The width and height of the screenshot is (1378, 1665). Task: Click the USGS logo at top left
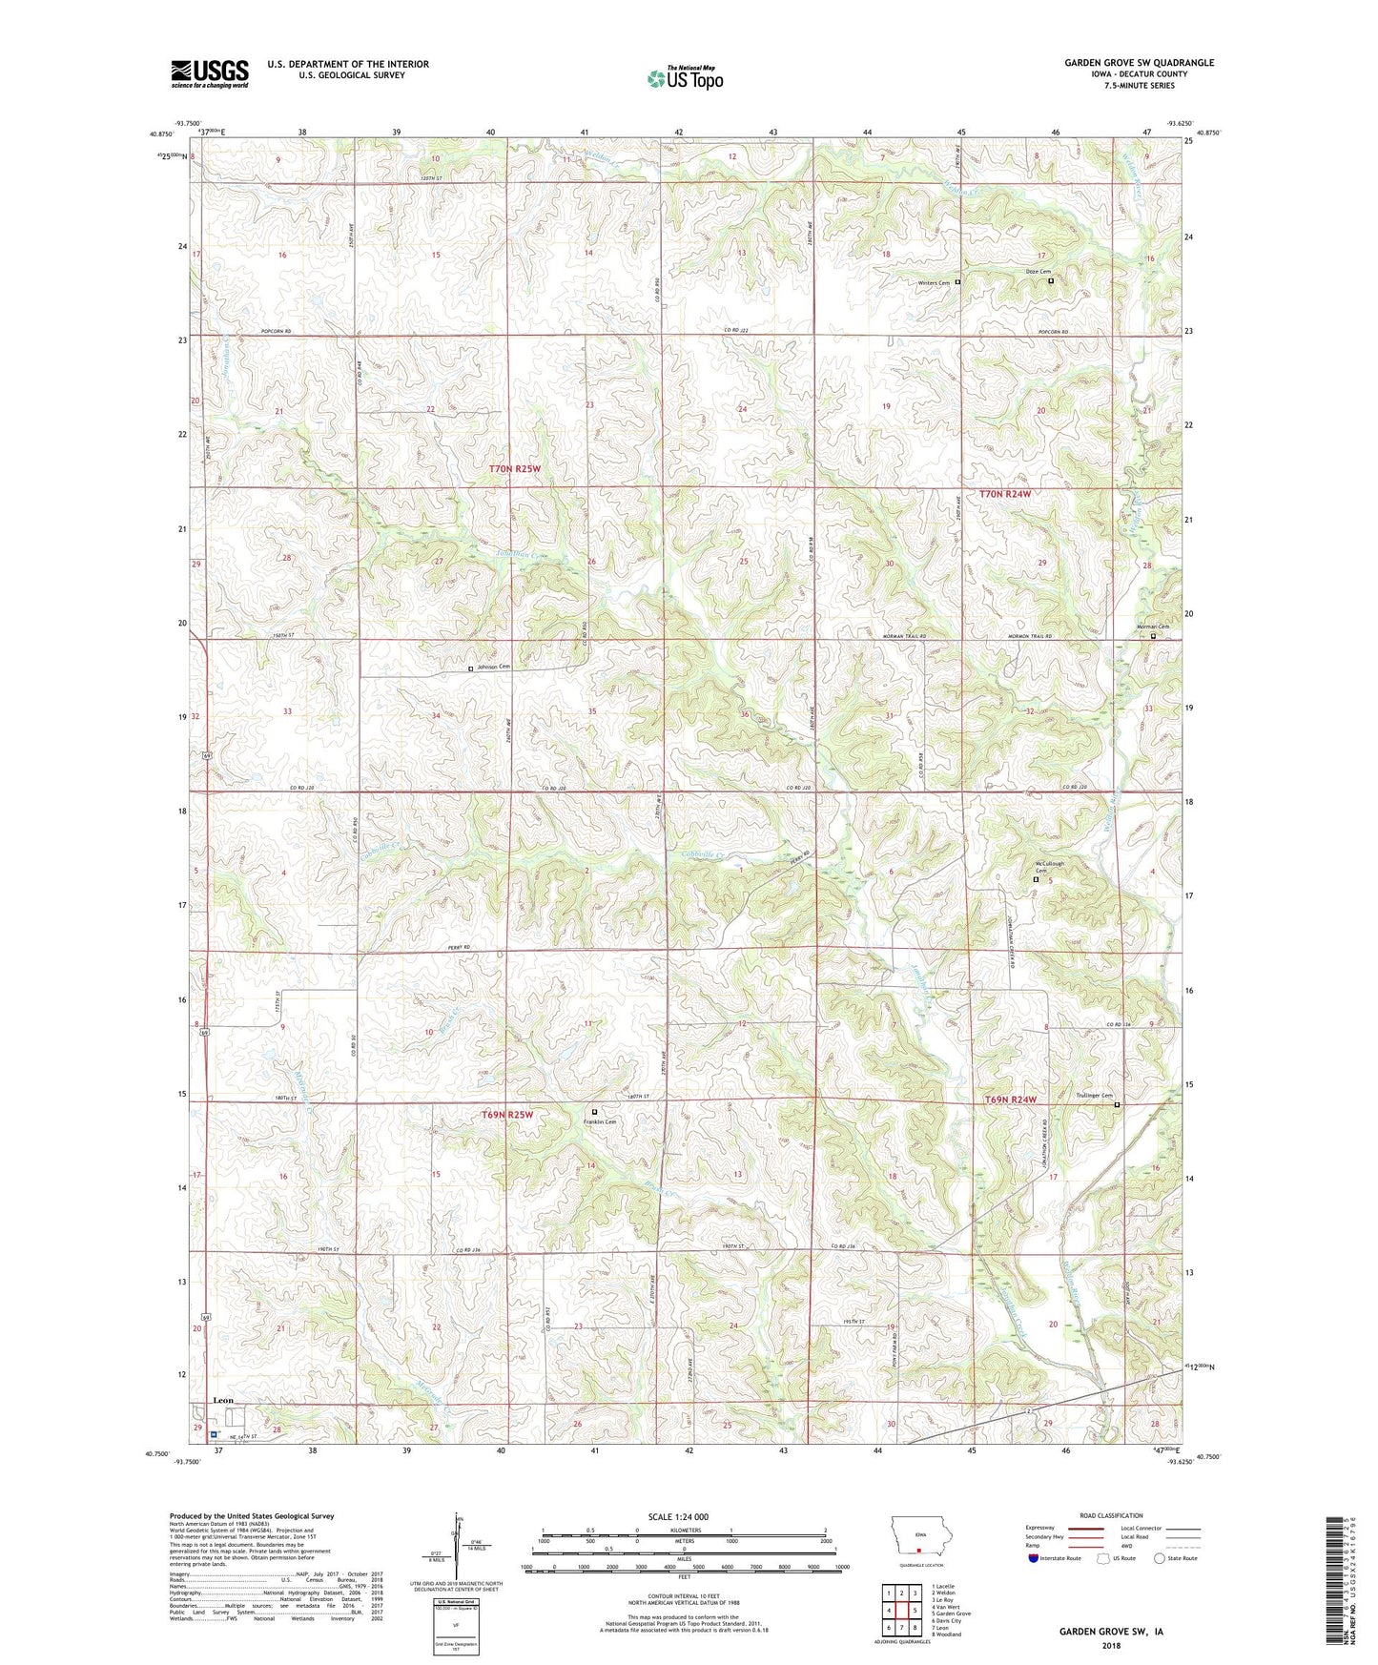click(x=210, y=72)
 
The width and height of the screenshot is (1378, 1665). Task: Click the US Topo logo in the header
click(x=684, y=78)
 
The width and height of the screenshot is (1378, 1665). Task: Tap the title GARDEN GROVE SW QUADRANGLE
click(x=1139, y=63)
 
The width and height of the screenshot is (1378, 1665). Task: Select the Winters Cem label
click(x=934, y=282)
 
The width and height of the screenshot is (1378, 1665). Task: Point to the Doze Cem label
click(x=1037, y=272)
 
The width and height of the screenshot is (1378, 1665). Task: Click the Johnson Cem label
click(x=493, y=667)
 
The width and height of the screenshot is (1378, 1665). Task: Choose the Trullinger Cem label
click(x=1093, y=1096)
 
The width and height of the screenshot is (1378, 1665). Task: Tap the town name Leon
click(x=222, y=1400)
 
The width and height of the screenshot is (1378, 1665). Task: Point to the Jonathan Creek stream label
click(x=523, y=554)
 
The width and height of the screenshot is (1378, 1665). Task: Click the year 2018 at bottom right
click(x=1111, y=1646)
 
